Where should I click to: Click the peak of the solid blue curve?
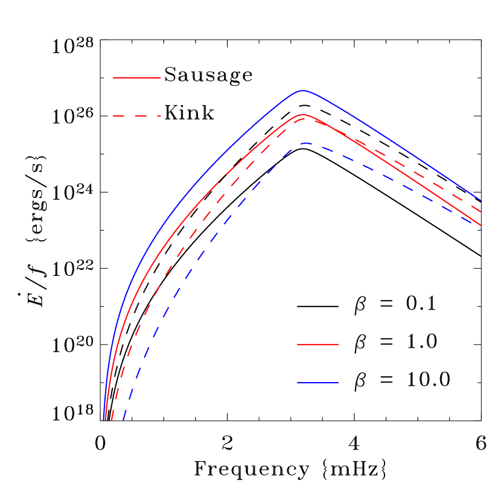302,91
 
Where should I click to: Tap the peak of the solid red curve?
303,115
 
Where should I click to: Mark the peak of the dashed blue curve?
306,144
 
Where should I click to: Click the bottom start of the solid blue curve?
104,420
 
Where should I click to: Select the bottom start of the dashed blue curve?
123,420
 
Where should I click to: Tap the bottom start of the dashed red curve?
112,420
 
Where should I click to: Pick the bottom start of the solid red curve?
106,420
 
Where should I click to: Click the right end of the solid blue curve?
481,200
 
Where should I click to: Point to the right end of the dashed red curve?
481,212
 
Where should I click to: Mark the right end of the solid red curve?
481,226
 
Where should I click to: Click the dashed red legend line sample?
137,116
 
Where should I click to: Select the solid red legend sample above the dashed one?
137,78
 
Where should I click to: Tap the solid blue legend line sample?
318,383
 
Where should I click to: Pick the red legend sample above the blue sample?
318,344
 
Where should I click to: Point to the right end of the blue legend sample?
338,383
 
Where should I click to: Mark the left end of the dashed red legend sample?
113,116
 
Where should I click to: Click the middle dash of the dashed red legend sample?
137,116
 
